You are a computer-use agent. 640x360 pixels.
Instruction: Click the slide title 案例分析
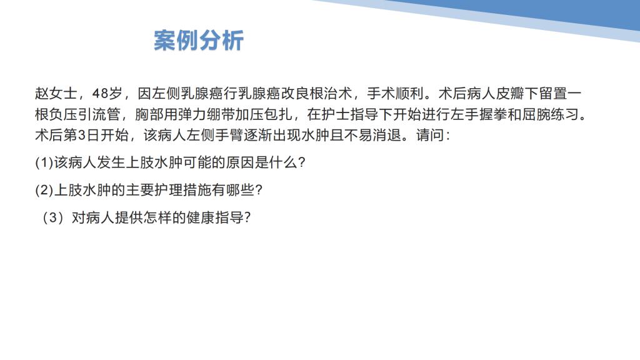pyautogui.click(x=199, y=41)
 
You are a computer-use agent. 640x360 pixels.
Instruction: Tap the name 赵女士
pyautogui.click(x=56, y=94)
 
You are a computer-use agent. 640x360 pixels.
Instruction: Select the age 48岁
pyautogui.click(x=107, y=94)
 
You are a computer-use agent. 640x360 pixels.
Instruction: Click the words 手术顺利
pyautogui.click(x=395, y=94)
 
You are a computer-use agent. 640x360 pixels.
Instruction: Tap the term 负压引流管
pyautogui.click(x=85, y=114)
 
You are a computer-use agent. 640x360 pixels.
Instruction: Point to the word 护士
pyautogui.click(x=336, y=114)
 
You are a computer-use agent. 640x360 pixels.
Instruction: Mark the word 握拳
pyautogui.click(x=493, y=114)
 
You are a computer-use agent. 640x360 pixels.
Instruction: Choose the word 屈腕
pyautogui.click(x=536, y=114)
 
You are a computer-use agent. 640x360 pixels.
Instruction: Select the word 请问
pyautogui.click(x=430, y=135)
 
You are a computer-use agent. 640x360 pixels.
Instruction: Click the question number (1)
pyautogui.click(x=44, y=162)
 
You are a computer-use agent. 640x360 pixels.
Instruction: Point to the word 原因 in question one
pyautogui.click(x=240, y=162)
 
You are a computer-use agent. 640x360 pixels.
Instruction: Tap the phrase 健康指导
pyautogui.click(x=215, y=217)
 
